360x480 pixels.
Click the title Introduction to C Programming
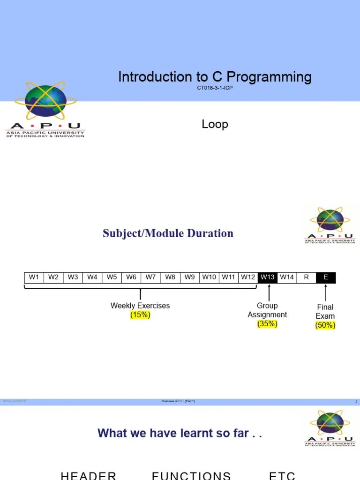coord(215,77)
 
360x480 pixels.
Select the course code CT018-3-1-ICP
coord(215,88)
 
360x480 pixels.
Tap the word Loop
coord(215,124)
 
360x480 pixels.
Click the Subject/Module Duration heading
coord(168,233)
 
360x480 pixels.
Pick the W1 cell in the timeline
coord(34,277)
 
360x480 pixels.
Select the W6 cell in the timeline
coord(131,277)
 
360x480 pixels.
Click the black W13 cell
coord(267,277)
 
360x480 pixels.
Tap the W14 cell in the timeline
coord(287,277)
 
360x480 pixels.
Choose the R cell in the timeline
coord(306,277)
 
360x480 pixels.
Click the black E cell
coord(326,277)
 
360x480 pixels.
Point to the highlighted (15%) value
coord(140,315)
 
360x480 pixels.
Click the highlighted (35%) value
coord(267,324)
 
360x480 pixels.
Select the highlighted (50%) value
coord(325,325)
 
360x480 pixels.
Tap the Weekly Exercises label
coord(140,306)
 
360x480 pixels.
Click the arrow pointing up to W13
coord(269,292)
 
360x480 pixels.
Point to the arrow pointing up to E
coord(326,292)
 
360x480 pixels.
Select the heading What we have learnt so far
coord(180,433)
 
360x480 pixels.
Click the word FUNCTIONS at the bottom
coord(191,475)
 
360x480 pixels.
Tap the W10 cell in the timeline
coord(209,277)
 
